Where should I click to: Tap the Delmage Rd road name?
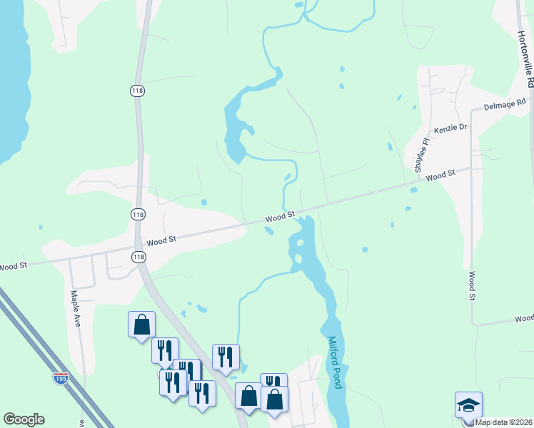pos(504,105)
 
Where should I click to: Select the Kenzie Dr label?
pos(450,128)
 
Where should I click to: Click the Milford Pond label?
pos(336,362)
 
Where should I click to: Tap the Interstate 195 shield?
pos(61,376)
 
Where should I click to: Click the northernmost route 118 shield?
pos(138,90)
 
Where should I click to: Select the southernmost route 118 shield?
pos(138,256)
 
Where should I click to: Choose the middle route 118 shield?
pos(138,214)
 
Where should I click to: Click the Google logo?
pos(24,419)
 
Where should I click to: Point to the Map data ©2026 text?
pos(503,422)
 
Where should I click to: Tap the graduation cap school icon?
pos(468,404)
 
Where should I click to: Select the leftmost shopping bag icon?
pos(141,325)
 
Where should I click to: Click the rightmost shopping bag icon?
pos(275,399)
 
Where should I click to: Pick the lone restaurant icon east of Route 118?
pos(226,357)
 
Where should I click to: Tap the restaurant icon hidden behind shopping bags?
pos(273,382)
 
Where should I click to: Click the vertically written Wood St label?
pos(472,285)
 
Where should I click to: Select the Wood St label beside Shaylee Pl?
pos(440,175)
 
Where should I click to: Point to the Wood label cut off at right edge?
pos(524,318)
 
